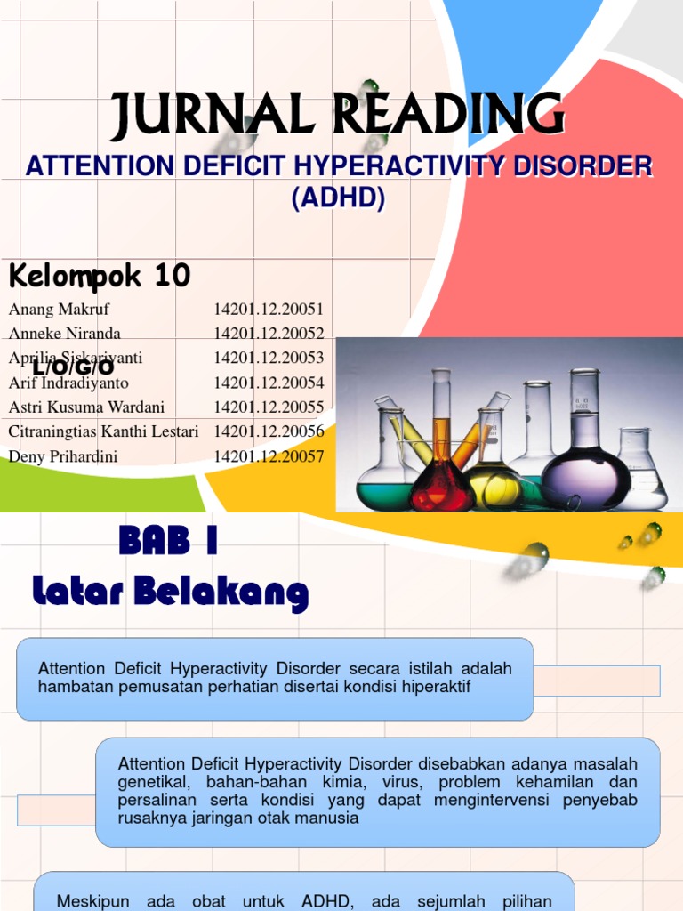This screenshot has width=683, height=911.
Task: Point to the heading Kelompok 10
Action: (x=100, y=277)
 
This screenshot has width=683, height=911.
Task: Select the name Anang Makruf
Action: (x=59, y=310)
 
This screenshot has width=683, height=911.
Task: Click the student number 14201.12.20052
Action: (x=269, y=334)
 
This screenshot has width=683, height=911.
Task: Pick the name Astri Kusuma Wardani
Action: (x=86, y=407)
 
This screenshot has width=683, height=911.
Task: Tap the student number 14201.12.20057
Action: (x=269, y=456)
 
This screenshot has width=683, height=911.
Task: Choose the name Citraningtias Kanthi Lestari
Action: (x=104, y=431)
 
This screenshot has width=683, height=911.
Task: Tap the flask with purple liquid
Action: (x=585, y=467)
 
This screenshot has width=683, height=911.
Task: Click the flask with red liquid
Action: (x=442, y=480)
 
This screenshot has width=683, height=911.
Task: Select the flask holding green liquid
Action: (x=385, y=480)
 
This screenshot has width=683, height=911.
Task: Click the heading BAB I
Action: (x=167, y=541)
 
